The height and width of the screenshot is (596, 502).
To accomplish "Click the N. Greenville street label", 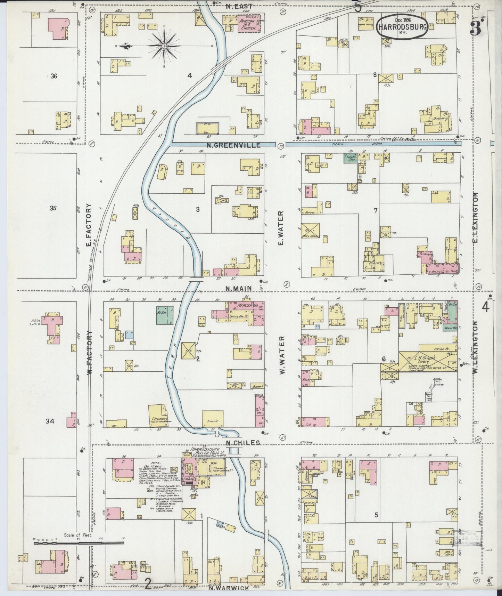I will tap(233, 146).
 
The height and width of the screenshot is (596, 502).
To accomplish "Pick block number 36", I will tap(54, 76).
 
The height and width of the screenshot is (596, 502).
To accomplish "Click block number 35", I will tap(53, 209).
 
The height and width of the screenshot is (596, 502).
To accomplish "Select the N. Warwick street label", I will tap(229, 588).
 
